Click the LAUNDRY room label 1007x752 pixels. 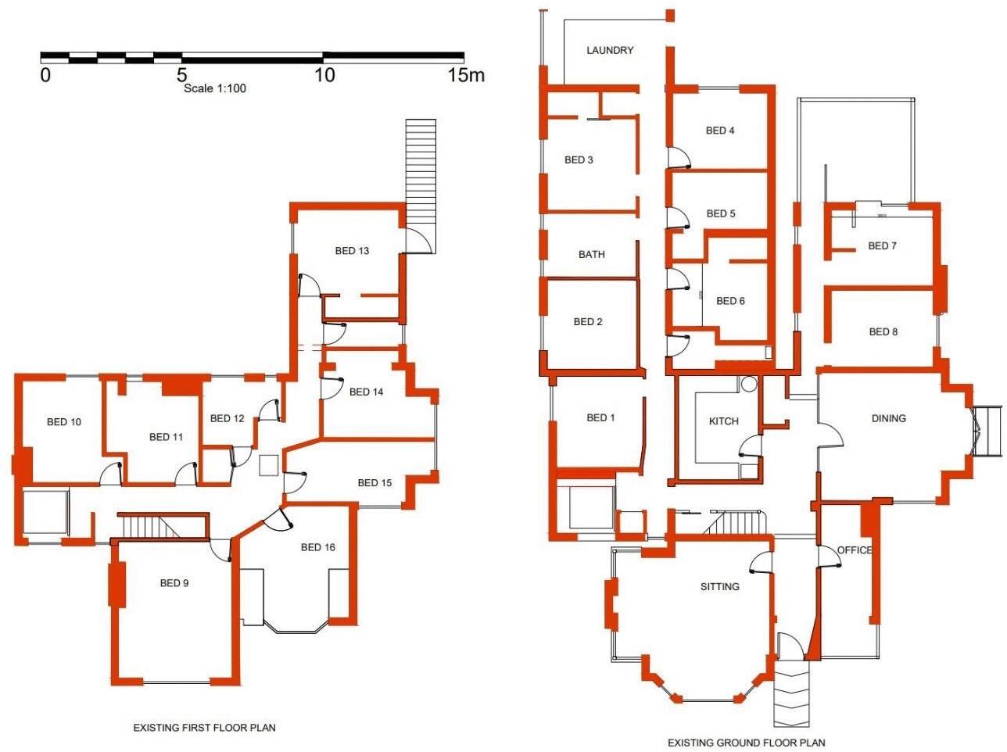(610, 50)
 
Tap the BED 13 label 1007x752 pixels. (352, 251)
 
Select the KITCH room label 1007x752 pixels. (723, 421)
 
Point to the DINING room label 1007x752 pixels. (888, 418)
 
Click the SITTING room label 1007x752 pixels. (719, 586)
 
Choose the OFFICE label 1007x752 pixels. (854, 550)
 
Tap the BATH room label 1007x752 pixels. (591, 254)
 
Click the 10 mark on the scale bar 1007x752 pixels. (324, 75)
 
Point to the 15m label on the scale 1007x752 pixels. (466, 75)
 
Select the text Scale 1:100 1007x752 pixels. (215, 88)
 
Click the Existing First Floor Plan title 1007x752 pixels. (204, 728)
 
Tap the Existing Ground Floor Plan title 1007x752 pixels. (746, 743)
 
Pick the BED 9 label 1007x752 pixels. (174, 583)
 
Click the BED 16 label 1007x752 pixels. (317, 547)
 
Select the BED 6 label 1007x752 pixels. (730, 301)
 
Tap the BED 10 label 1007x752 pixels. (64, 422)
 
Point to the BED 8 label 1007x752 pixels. (883, 331)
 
